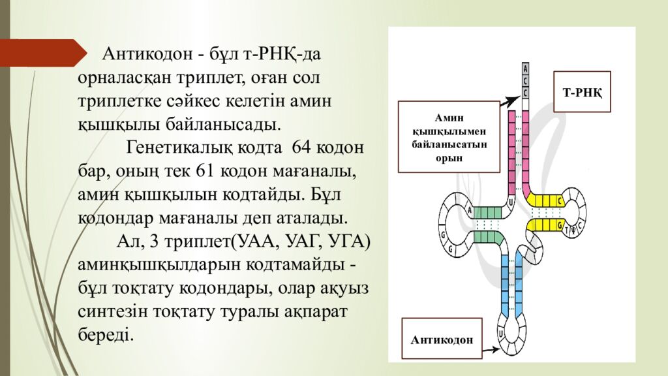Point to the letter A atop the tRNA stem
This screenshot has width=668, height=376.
(x=526, y=68)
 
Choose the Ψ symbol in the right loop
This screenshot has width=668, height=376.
(x=573, y=229)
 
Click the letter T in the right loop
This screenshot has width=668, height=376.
(x=566, y=229)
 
